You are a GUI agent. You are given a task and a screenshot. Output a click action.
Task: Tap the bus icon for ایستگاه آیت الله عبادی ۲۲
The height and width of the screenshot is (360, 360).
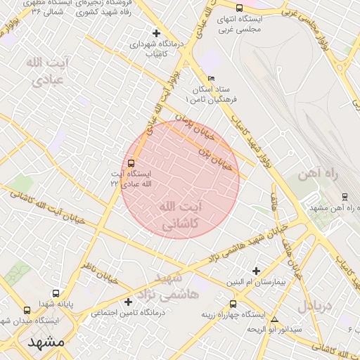[132, 163]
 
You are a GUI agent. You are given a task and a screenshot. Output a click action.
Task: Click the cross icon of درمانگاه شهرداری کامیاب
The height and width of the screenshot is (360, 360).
[156, 33]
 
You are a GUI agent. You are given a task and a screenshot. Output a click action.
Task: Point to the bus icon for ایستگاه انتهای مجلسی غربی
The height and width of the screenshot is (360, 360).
[240, 8]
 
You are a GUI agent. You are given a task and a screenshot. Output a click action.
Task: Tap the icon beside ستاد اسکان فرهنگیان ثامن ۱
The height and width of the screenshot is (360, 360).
[212, 79]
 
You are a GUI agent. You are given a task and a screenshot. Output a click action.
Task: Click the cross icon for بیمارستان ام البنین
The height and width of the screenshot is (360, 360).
[256, 271]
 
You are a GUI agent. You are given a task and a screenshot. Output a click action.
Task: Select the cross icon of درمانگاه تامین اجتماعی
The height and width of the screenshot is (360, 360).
[129, 302]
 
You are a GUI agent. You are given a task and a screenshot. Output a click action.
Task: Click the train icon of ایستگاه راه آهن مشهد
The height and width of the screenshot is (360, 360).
[345, 197]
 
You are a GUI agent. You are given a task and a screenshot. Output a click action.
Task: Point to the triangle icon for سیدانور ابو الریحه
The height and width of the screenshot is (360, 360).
[275, 319]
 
